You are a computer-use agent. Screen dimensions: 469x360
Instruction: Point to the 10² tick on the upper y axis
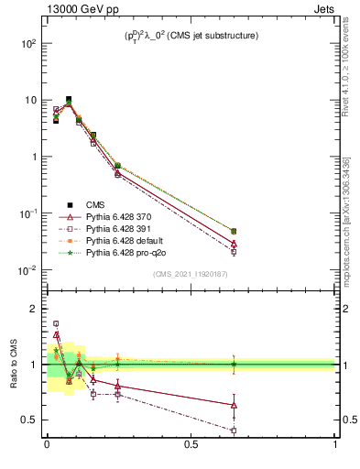coord(28,43)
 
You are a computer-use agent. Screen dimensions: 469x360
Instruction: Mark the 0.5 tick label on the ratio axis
coord(30,420)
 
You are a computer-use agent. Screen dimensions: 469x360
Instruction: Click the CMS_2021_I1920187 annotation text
coord(191,273)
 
